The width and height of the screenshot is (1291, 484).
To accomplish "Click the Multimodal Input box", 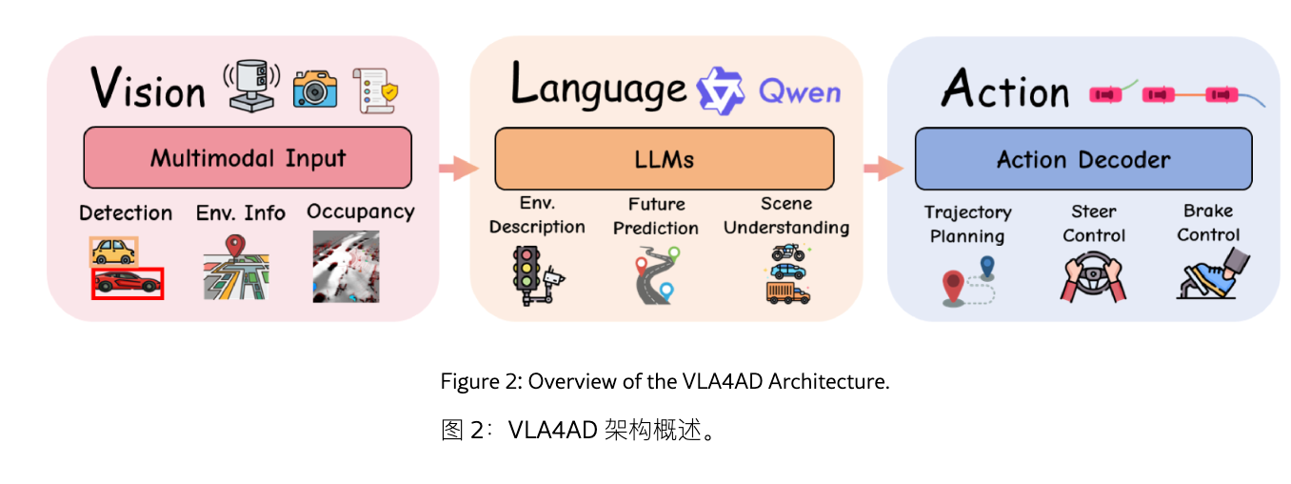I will tap(248, 157).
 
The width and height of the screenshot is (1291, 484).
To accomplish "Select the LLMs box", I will tap(664, 159).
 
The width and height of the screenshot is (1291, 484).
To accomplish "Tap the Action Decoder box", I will tap(1083, 159).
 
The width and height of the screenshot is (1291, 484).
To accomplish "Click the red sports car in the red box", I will tap(128, 283).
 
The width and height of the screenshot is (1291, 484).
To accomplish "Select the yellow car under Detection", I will tap(113, 251).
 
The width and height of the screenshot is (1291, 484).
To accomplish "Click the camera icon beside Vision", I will tap(314, 87).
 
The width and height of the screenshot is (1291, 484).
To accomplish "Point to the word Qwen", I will tap(800, 91).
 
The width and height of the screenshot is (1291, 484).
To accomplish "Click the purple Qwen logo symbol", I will tap(719, 91).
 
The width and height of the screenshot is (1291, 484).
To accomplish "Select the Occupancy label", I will tap(361, 212).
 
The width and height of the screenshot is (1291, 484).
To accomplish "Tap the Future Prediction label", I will tap(656, 216).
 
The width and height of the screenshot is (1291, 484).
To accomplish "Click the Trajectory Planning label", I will tap(968, 224).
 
